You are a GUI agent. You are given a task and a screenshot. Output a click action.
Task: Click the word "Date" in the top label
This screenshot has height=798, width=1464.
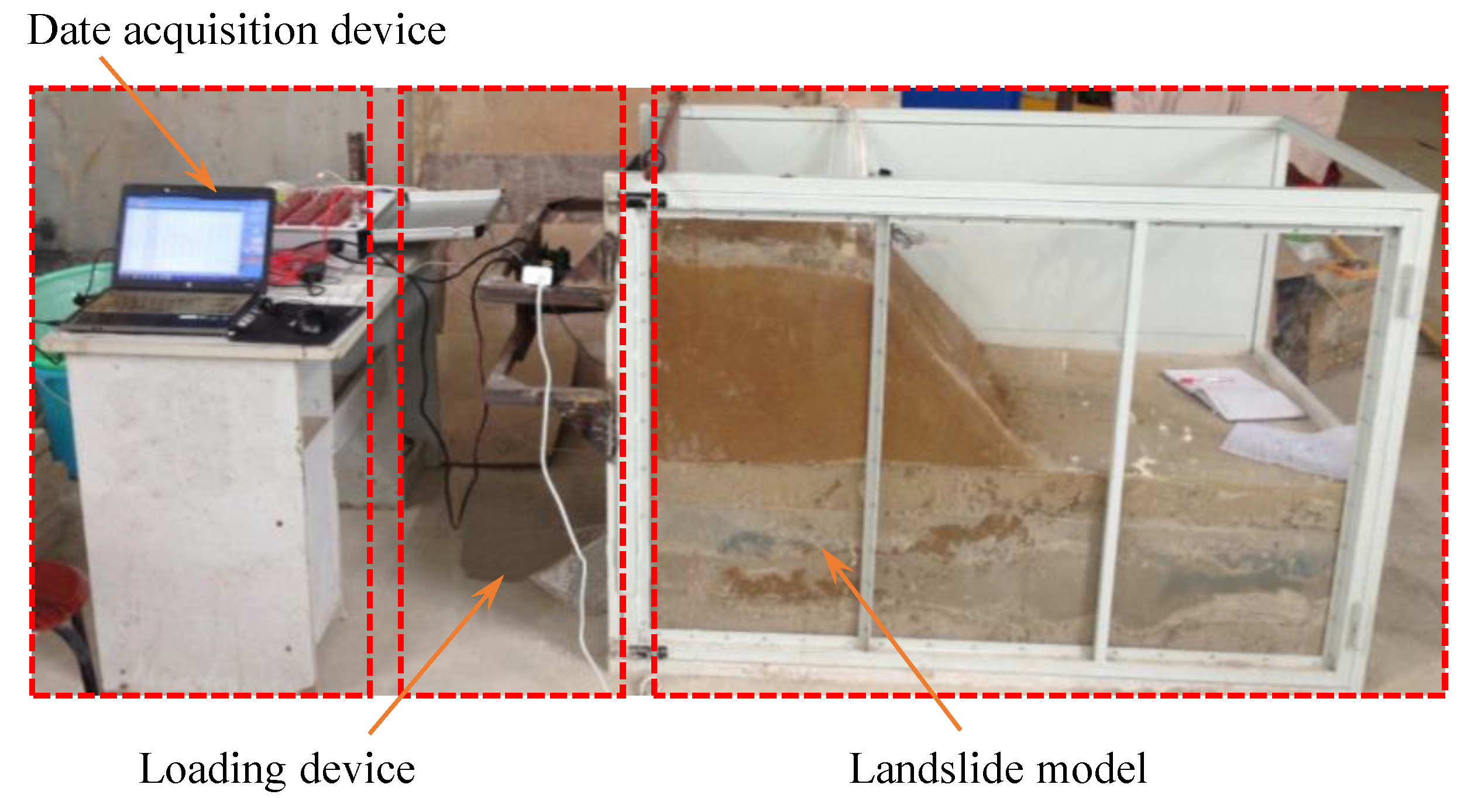coord(69,30)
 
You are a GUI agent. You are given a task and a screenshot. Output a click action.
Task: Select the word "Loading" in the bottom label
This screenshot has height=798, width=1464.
coord(211,771)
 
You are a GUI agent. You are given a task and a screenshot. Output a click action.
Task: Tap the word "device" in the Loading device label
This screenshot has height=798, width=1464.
coord(357,771)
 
